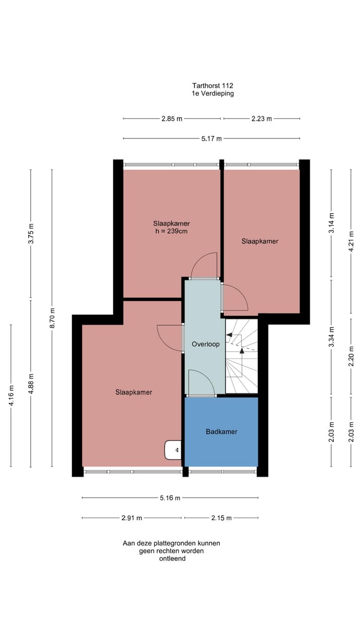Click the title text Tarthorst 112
(x=212, y=86)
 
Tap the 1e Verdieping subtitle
(x=212, y=94)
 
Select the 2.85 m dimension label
(x=171, y=119)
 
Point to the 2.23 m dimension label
(x=261, y=119)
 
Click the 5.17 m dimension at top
(x=212, y=139)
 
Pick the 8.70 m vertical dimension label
(x=52, y=317)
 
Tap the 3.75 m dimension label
(x=31, y=233)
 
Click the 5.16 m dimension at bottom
(x=170, y=498)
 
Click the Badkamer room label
(x=221, y=432)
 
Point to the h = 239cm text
(x=171, y=231)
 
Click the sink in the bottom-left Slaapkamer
(x=173, y=450)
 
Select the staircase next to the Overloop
(x=241, y=356)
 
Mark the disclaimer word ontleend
(x=171, y=558)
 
